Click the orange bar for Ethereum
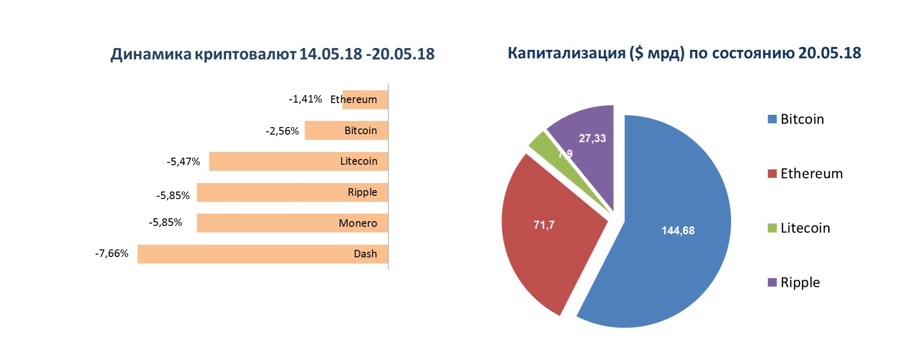point(365,100)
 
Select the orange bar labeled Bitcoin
point(346,131)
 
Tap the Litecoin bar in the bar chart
point(298,161)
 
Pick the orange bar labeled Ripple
point(292,192)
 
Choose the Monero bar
point(292,223)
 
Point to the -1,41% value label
point(306,99)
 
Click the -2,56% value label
point(282,130)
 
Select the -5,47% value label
point(184,161)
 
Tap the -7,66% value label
point(112,254)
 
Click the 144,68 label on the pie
point(678,231)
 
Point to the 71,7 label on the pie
point(544,225)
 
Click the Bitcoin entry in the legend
point(796,119)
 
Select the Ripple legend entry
point(794,282)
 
